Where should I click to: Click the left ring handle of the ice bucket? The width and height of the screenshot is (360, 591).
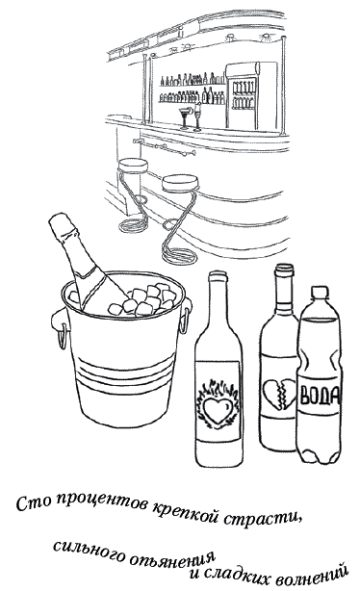[61, 335]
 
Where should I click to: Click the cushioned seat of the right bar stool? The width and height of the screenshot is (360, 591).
[178, 183]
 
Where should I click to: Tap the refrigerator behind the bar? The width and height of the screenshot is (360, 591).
[243, 95]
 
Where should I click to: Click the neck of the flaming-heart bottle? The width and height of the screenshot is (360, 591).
[218, 297]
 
